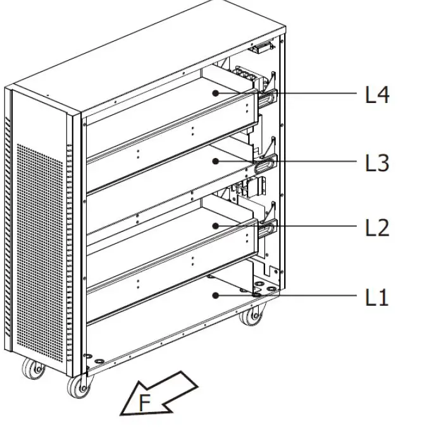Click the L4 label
[x=377, y=95]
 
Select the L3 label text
[x=377, y=163]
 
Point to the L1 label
[x=377, y=297]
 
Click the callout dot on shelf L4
[x=216, y=93]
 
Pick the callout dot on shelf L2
[x=216, y=226]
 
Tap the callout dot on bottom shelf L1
[x=216, y=295]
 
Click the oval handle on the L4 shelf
[x=266, y=97]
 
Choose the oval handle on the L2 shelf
[x=266, y=228]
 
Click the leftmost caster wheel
[x=33, y=370]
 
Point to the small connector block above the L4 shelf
[x=259, y=48]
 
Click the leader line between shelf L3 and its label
[x=316, y=162]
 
